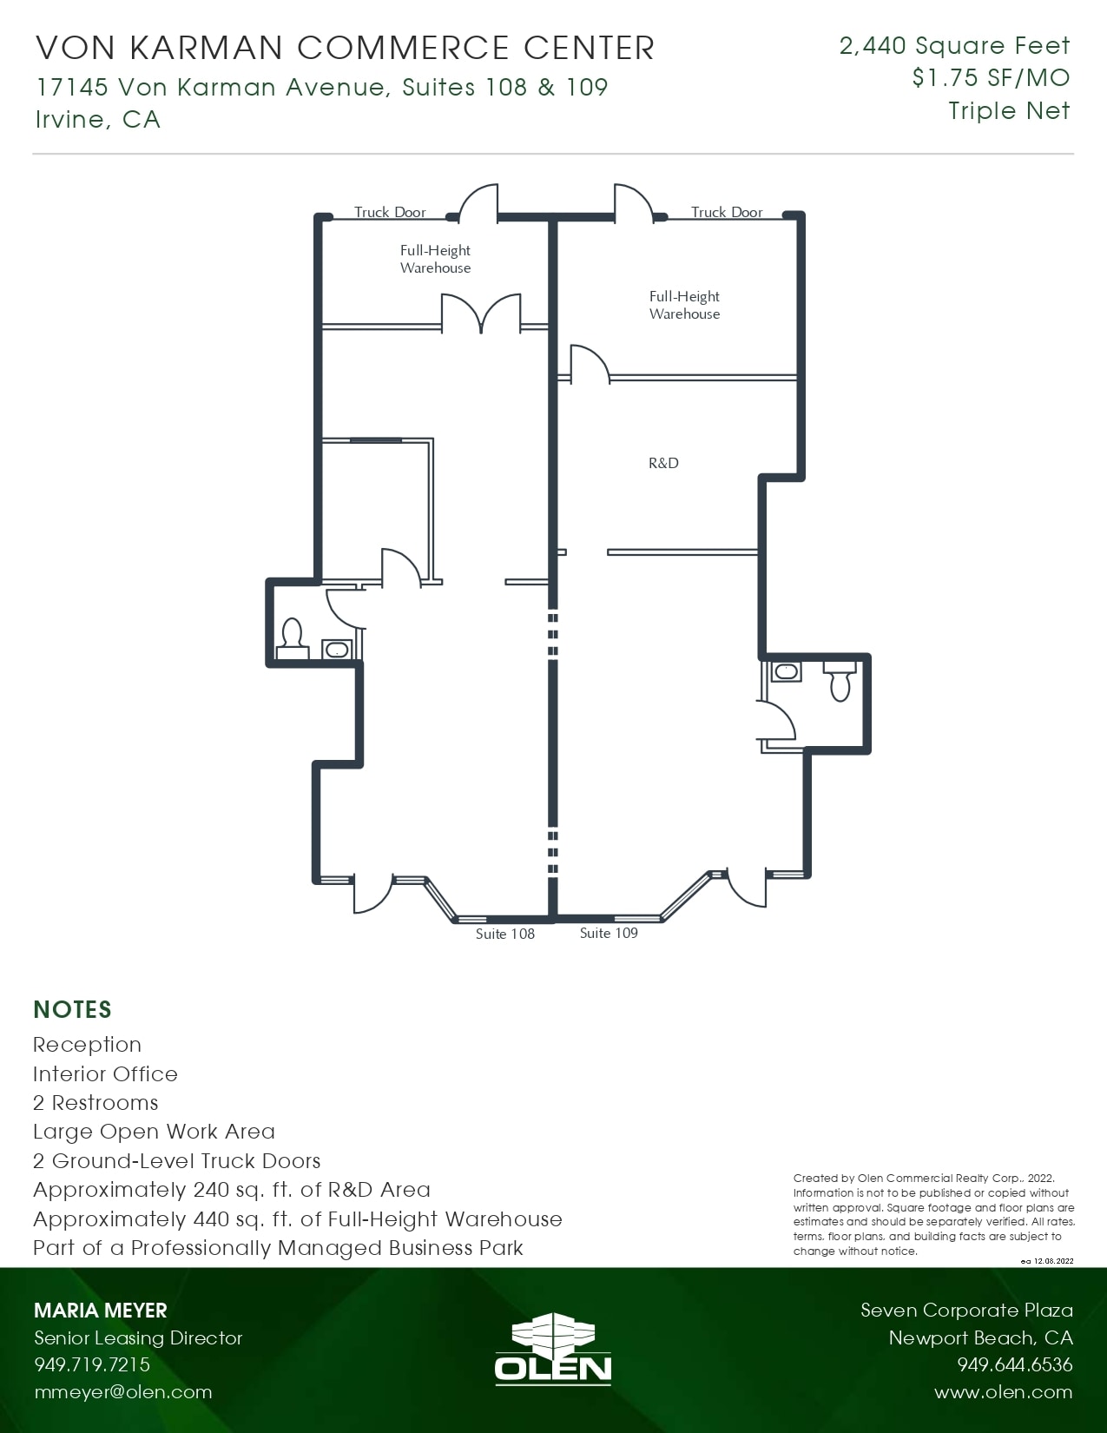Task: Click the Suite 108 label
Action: coord(504,934)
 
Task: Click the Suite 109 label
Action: coord(609,933)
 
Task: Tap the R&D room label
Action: coord(663,463)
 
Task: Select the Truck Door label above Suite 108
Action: coord(390,212)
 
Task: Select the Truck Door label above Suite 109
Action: coord(727,212)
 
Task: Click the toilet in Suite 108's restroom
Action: coord(292,636)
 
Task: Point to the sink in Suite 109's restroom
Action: coord(786,671)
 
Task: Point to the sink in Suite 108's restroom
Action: coord(336,650)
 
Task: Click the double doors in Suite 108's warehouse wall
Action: coord(481,314)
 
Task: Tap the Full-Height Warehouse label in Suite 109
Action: coord(684,305)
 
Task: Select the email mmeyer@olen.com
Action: coord(122,1392)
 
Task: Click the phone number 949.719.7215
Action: coord(92,1364)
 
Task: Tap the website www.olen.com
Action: coord(1003,1392)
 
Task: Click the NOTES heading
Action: coord(72,1009)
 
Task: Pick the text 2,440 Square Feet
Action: coord(954,45)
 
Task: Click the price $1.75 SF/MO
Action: coord(991,78)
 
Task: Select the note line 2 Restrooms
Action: coord(96,1102)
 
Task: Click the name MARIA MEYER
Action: coord(100,1311)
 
